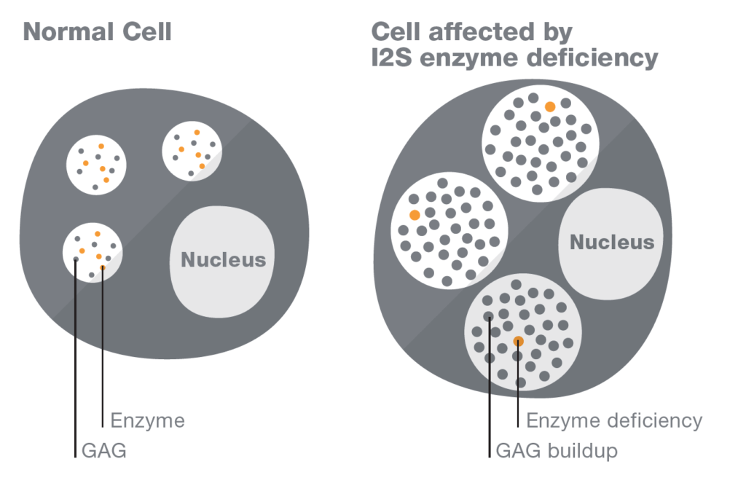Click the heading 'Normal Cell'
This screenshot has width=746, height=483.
(x=97, y=32)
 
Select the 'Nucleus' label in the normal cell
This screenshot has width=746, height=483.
(x=223, y=259)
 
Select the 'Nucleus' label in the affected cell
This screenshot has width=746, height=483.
(x=612, y=242)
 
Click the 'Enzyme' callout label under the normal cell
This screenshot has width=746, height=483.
(x=147, y=420)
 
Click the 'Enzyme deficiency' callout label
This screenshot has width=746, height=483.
(x=613, y=420)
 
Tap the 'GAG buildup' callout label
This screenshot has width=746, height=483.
(x=556, y=451)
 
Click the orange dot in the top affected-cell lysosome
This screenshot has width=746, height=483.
(x=550, y=107)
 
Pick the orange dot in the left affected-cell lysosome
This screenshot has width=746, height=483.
(x=415, y=215)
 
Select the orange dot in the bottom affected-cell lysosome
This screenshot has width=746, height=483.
(x=518, y=341)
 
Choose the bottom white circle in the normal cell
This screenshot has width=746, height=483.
(x=93, y=251)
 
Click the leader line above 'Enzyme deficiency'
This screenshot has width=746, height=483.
(x=518, y=386)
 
